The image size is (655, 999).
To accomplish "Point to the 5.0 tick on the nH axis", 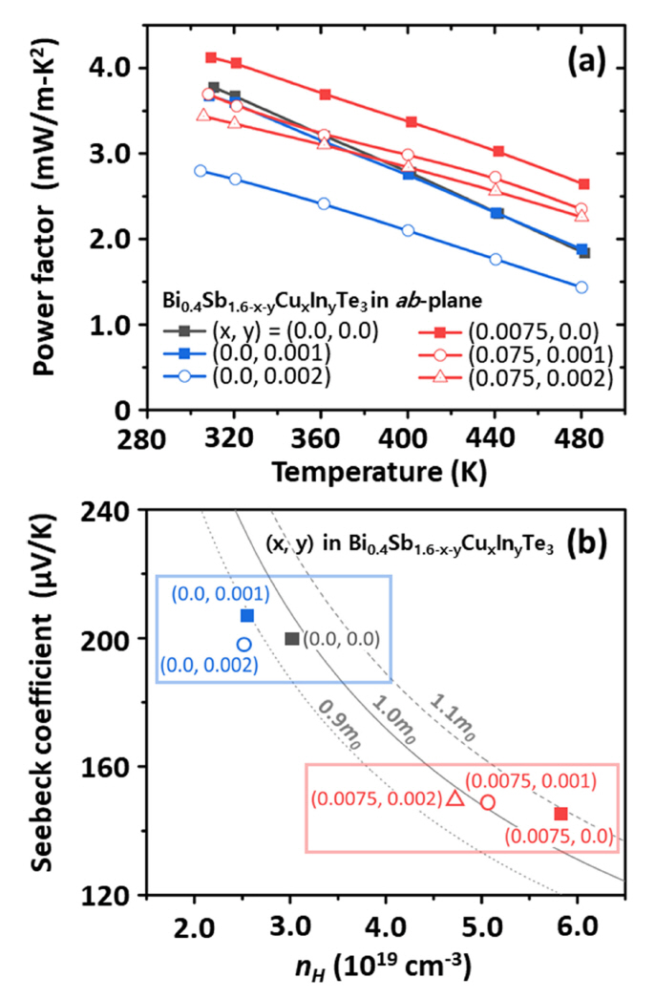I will tap(481, 925).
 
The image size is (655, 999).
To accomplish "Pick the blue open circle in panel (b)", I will tap(244, 645).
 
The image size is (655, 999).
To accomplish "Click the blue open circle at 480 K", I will tap(581, 287).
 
